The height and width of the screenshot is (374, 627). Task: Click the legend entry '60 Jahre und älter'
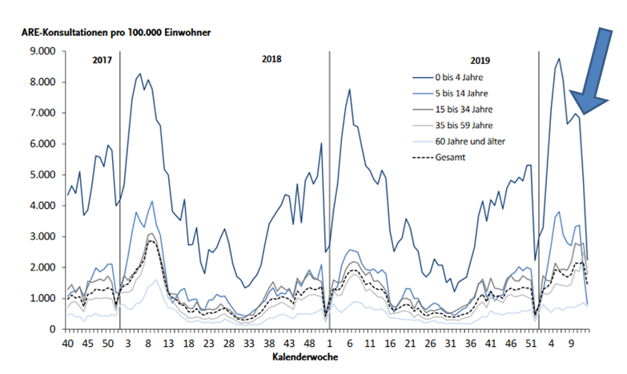[x=470, y=141]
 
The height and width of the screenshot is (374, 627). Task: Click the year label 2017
[x=102, y=61]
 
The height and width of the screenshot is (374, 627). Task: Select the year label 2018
[x=271, y=59]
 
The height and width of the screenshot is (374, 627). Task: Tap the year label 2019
[x=480, y=60]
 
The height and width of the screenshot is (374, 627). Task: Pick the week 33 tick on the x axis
[x=249, y=342]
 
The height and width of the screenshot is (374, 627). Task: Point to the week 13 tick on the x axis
[x=171, y=342]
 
